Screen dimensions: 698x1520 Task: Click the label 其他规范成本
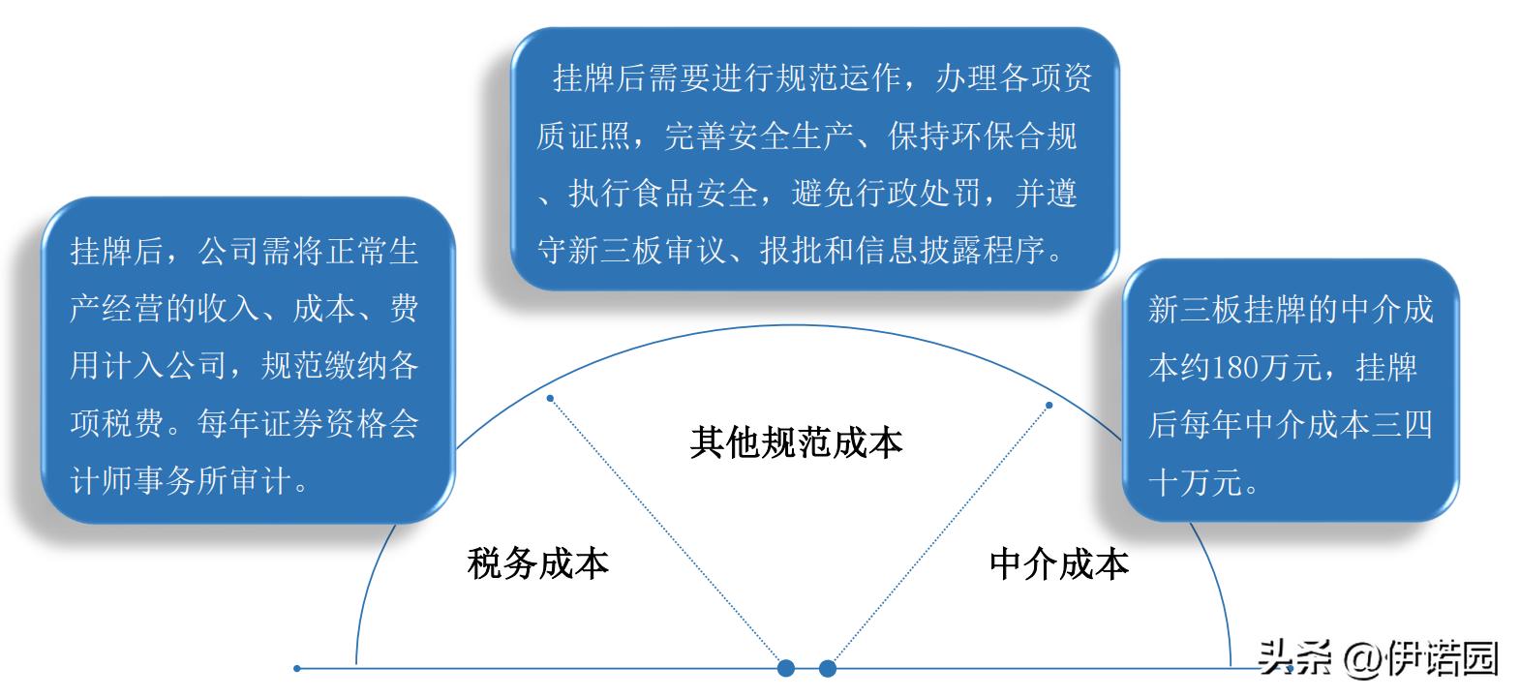[796, 442]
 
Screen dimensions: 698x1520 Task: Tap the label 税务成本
[537, 562]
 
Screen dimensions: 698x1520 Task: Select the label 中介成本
[1059, 562]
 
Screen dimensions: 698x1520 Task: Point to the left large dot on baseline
[786, 668]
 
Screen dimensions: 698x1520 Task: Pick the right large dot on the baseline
[827, 668]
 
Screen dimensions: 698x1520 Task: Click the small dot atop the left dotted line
[550, 398]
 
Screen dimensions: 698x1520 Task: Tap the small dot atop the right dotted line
[1049, 405]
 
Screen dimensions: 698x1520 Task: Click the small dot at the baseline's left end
[297, 668]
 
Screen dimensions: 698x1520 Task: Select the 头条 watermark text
[1295, 657]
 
